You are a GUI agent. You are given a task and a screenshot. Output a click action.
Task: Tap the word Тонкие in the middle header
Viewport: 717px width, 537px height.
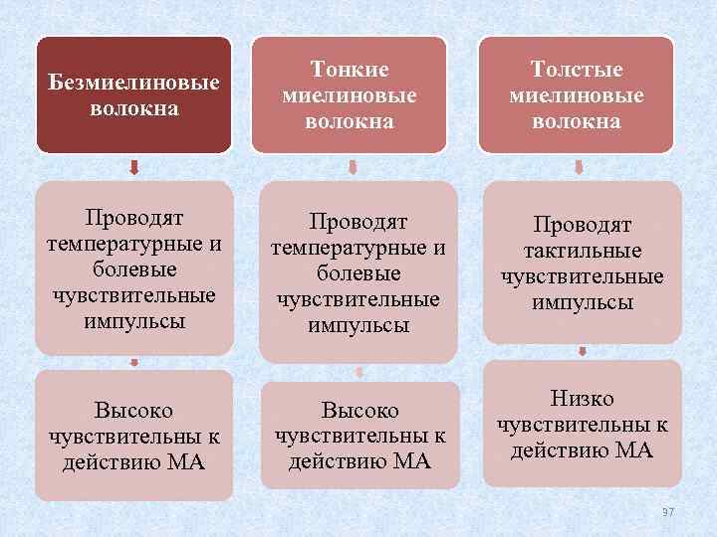tap(350, 70)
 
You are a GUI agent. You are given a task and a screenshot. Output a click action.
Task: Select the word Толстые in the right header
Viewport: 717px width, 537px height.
tap(577, 70)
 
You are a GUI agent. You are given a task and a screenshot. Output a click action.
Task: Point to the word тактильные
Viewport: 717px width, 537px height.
tap(583, 252)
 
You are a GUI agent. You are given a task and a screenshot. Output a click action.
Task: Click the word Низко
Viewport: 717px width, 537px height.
tap(582, 399)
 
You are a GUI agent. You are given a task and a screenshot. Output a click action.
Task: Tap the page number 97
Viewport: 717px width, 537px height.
tap(668, 511)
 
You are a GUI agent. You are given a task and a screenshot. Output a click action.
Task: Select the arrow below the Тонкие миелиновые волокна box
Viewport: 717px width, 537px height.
tap(352, 166)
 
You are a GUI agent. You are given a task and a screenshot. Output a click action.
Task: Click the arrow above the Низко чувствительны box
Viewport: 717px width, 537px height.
tap(583, 351)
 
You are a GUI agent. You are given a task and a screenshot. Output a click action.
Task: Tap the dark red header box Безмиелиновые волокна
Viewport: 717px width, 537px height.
tap(134, 95)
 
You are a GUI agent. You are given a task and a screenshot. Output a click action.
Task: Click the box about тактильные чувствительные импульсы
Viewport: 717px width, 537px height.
tap(582, 264)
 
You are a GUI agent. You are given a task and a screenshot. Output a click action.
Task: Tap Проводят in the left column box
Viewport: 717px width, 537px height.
tap(134, 218)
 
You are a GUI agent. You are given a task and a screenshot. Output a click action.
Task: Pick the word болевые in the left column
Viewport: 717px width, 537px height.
tap(134, 269)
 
